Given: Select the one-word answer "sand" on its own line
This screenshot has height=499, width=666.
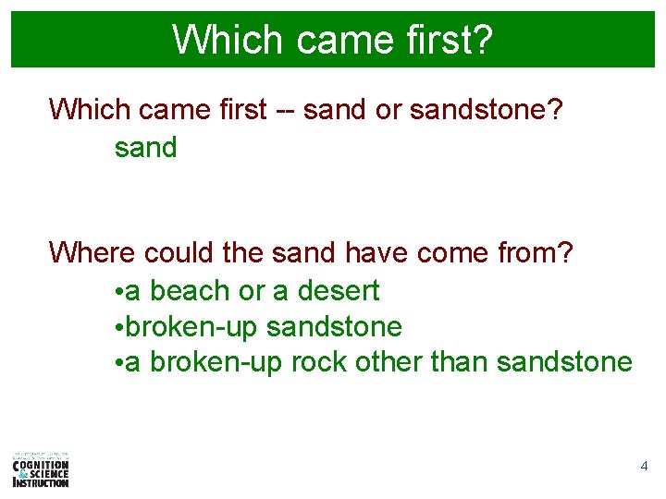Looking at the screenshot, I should tap(145, 147).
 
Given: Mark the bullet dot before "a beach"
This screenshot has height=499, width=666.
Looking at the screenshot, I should tap(119, 293).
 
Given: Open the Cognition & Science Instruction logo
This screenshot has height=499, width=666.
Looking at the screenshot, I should tap(41, 469).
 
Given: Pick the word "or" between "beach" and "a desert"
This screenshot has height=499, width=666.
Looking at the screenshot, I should tap(251, 291).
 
